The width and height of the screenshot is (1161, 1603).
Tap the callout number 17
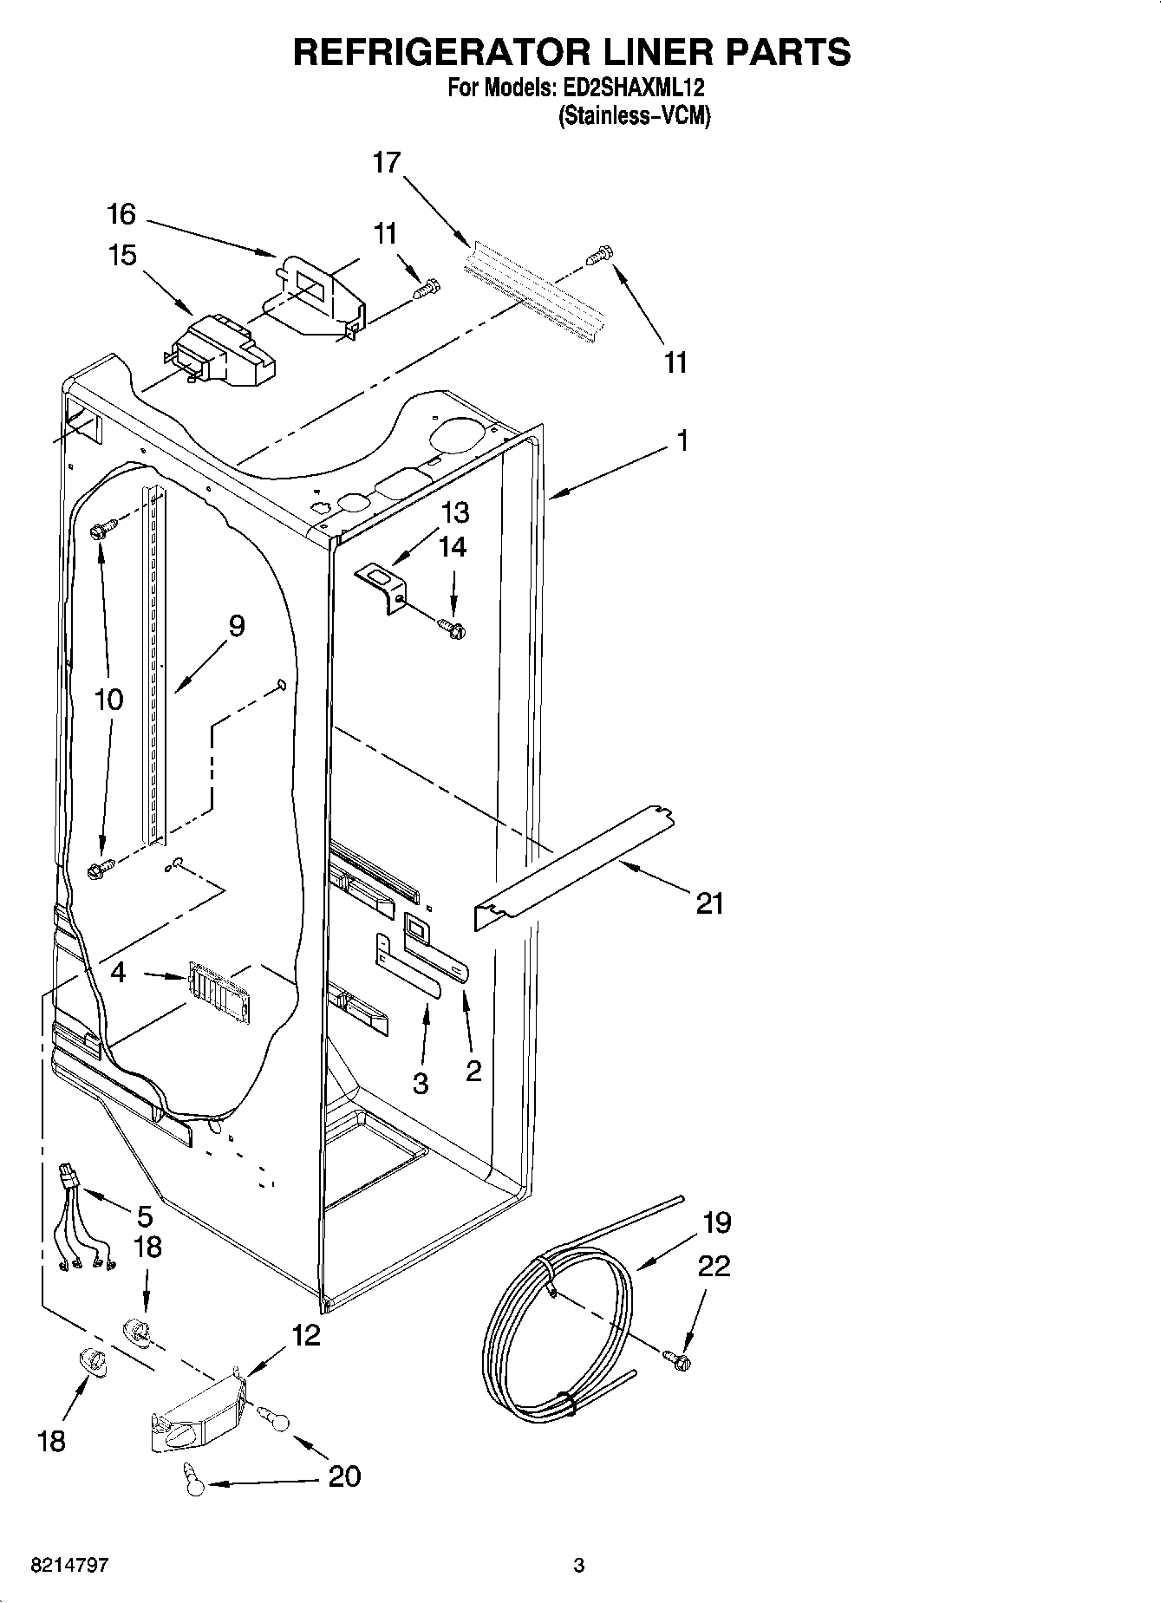(388, 162)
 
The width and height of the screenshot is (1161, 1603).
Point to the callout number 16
(122, 213)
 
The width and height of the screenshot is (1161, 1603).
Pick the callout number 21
(709, 904)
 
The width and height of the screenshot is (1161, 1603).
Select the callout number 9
(236, 626)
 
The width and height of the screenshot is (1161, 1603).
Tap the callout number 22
(713, 1267)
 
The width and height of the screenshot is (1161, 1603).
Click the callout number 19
(716, 1222)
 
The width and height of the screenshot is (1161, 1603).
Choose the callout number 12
(305, 1335)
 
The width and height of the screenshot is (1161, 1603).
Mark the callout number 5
(144, 1215)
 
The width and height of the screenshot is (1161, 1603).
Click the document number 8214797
(69, 1566)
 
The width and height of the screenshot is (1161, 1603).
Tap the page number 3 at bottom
(579, 1566)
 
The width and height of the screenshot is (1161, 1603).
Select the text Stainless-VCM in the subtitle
(634, 114)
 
